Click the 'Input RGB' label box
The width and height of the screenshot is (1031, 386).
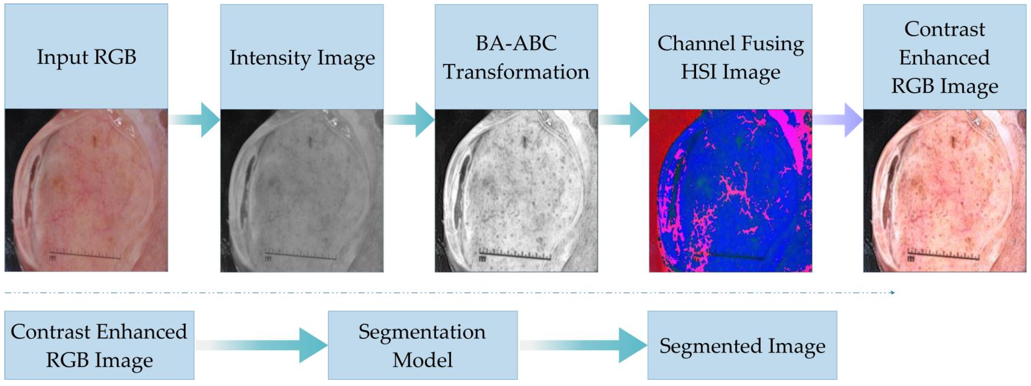click(x=86, y=56)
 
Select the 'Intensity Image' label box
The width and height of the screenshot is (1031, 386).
click(x=302, y=57)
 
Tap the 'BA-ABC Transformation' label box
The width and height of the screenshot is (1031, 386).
click(x=516, y=57)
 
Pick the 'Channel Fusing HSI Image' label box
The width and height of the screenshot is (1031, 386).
click(x=730, y=57)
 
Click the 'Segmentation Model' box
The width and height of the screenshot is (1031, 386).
click(x=423, y=345)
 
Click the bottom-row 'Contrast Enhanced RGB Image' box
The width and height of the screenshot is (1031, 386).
click(x=99, y=345)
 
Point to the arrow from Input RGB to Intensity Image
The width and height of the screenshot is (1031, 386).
click(x=194, y=119)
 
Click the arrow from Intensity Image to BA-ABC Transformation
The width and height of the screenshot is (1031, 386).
click(x=409, y=119)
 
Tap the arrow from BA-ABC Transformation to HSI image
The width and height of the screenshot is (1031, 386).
click(x=624, y=119)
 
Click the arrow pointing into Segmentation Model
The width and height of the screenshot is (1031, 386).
click(x=261, y=345)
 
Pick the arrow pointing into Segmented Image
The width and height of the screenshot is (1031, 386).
click(x=583, y=345)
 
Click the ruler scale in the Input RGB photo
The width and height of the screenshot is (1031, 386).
click(x=85, y=255)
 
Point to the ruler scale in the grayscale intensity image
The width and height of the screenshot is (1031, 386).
click(x=300, y=255)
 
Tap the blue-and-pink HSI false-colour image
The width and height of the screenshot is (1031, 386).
click(x=730, y=191)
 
